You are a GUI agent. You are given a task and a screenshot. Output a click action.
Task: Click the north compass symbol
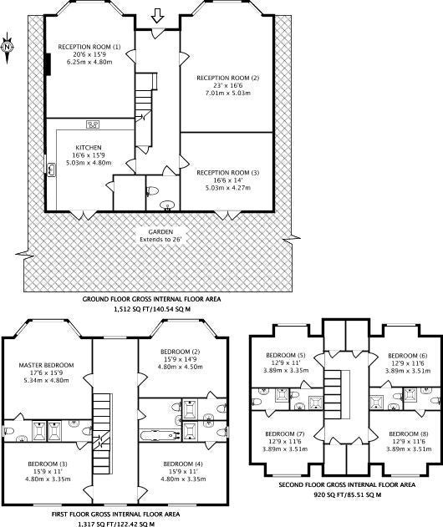pyautogui.click(x=7, y=48)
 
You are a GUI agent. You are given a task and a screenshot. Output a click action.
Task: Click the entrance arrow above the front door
pyautogui.click(x=157, y=16)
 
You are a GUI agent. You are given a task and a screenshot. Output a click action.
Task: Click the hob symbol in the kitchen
pyautogui.click(x=93, y=124)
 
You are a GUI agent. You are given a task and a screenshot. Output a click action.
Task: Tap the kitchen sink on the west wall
pyautogui.click(x=51, y=170)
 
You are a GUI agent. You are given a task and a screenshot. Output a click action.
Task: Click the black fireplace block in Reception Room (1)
pyautogui.click(x=48, y=64)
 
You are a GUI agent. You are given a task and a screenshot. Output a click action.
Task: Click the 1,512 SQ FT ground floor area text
pyautogui.click(x=152, y=310)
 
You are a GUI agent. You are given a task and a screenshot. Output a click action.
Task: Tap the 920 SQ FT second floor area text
pyautogui.click(x=347, y=494)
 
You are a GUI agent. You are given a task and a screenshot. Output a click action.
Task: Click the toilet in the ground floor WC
pyautogui.click(x=152, y=191)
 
